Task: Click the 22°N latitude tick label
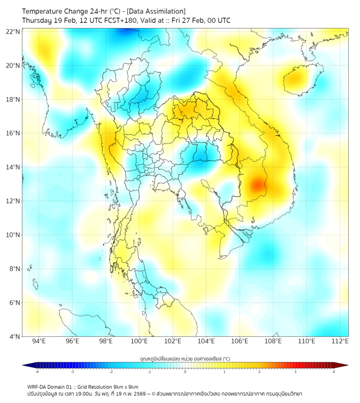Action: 13,31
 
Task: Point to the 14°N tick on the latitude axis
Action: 13,167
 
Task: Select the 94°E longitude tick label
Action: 39,342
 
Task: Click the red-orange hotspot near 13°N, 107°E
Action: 258,185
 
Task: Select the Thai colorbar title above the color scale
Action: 185,358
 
